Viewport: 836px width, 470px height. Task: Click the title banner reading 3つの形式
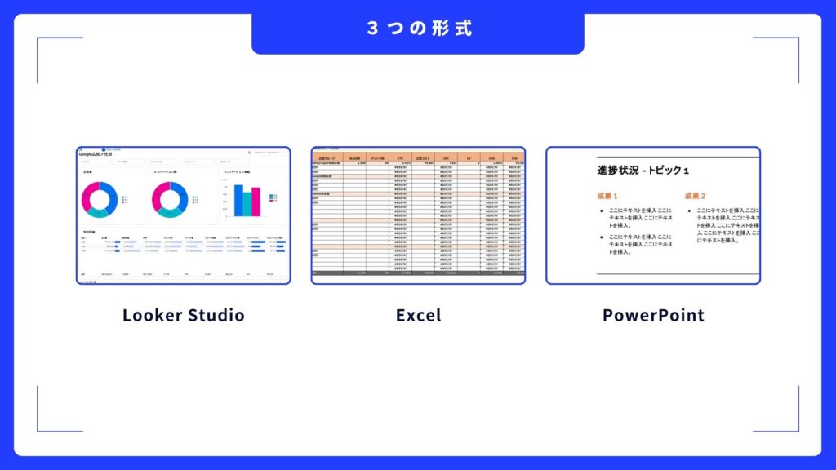[x=418, y=28]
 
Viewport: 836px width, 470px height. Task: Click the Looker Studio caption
[x=183, y=315]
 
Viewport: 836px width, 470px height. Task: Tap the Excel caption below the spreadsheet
[x=418, y=315]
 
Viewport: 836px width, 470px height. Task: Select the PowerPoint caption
[x=653, y=315]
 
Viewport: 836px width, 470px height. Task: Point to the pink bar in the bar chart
[x=256, y=202]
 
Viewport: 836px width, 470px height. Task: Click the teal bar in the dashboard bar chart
[x=247, y=204]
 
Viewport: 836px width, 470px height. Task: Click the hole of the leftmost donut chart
[x=100, y=199]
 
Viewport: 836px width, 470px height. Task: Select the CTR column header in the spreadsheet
[x=400, y=158]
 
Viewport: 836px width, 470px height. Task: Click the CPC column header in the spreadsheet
[x=446, y=158]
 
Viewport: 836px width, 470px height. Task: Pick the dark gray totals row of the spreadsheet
[x=418, y=273]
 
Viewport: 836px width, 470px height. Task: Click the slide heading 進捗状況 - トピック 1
[x=643, y=171]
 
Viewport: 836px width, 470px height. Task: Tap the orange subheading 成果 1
[x=607, y=197]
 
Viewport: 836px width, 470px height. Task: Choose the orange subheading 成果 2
[x=695, y=197]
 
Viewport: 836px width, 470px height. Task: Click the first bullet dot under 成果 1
[x=603, y=211]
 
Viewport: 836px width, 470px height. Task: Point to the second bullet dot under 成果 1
[x=603, y=237]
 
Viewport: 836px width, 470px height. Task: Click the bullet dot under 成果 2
[x=690, y=211]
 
